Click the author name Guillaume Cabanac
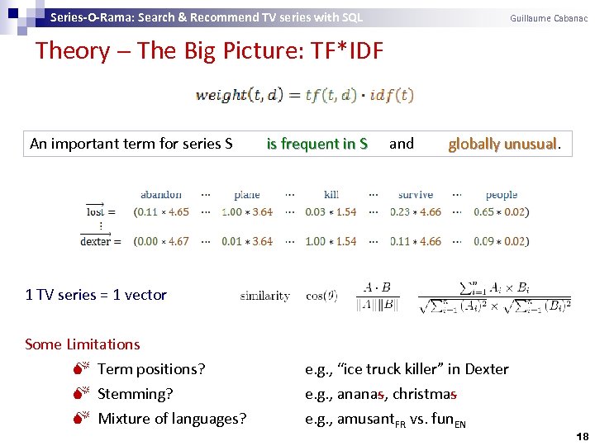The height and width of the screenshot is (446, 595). point(549,18)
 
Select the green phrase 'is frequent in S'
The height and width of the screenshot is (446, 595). point(317,144)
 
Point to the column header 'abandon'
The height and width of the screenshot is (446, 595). point(161,195)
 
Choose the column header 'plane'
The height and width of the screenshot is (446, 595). point(246,195)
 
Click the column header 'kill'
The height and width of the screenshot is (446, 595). point(331,195)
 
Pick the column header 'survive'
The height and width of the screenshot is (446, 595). point(415,195)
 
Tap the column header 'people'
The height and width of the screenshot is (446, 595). point(501,195)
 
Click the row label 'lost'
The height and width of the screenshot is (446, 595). point(96,212)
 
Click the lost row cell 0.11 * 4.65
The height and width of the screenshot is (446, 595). point(161,212)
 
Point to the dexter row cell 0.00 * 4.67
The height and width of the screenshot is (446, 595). point(161,242)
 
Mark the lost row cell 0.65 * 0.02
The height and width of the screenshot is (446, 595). point(501,212)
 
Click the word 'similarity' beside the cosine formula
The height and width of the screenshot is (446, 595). point(265,296)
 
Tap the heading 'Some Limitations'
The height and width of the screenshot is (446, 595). point(83,344)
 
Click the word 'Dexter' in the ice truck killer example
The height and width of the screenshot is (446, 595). point(487,369)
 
